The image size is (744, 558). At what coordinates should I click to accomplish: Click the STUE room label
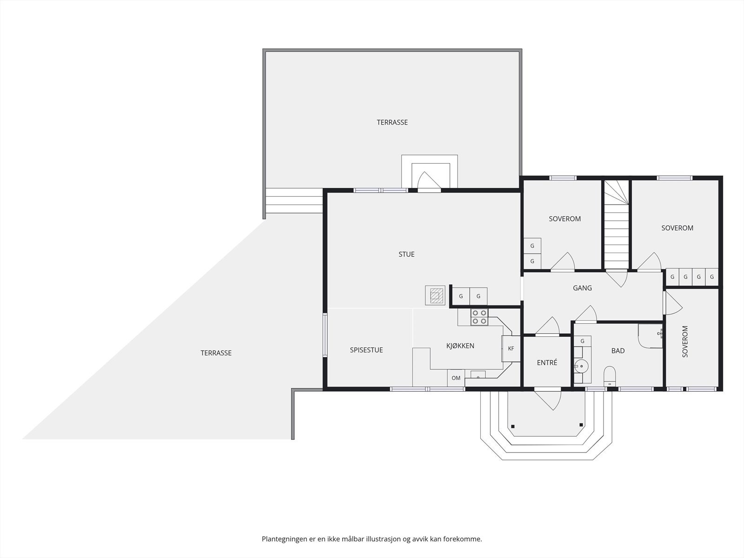tap(406, 254)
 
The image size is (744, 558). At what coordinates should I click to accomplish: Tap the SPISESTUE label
tap(366, 350)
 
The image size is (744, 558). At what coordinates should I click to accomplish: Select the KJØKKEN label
tap(460, 345)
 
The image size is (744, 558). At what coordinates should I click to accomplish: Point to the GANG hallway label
tap(582, 288)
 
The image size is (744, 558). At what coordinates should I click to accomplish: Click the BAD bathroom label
tap(618, 351)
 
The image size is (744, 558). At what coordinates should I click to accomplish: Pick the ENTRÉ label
tap(547, 363)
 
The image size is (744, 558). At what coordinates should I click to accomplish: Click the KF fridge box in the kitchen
tap(511, 348)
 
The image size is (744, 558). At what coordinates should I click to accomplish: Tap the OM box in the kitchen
tap(456, 378)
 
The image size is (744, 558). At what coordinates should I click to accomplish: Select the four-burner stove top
tap(479, 317)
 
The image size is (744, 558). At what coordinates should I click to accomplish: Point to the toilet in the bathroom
tap(610, 376)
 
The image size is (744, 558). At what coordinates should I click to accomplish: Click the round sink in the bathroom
tap(581, 366)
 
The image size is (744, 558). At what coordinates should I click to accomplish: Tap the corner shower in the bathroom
tap(651, 336)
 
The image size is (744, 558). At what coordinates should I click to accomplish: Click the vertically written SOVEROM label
tap(685, 341)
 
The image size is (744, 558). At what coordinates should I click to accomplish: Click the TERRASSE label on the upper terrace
tap(392, 122)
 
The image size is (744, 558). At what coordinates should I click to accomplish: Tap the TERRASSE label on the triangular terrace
tap(216, 353)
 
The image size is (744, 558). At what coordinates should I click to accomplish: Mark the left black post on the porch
tap(513, 426)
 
